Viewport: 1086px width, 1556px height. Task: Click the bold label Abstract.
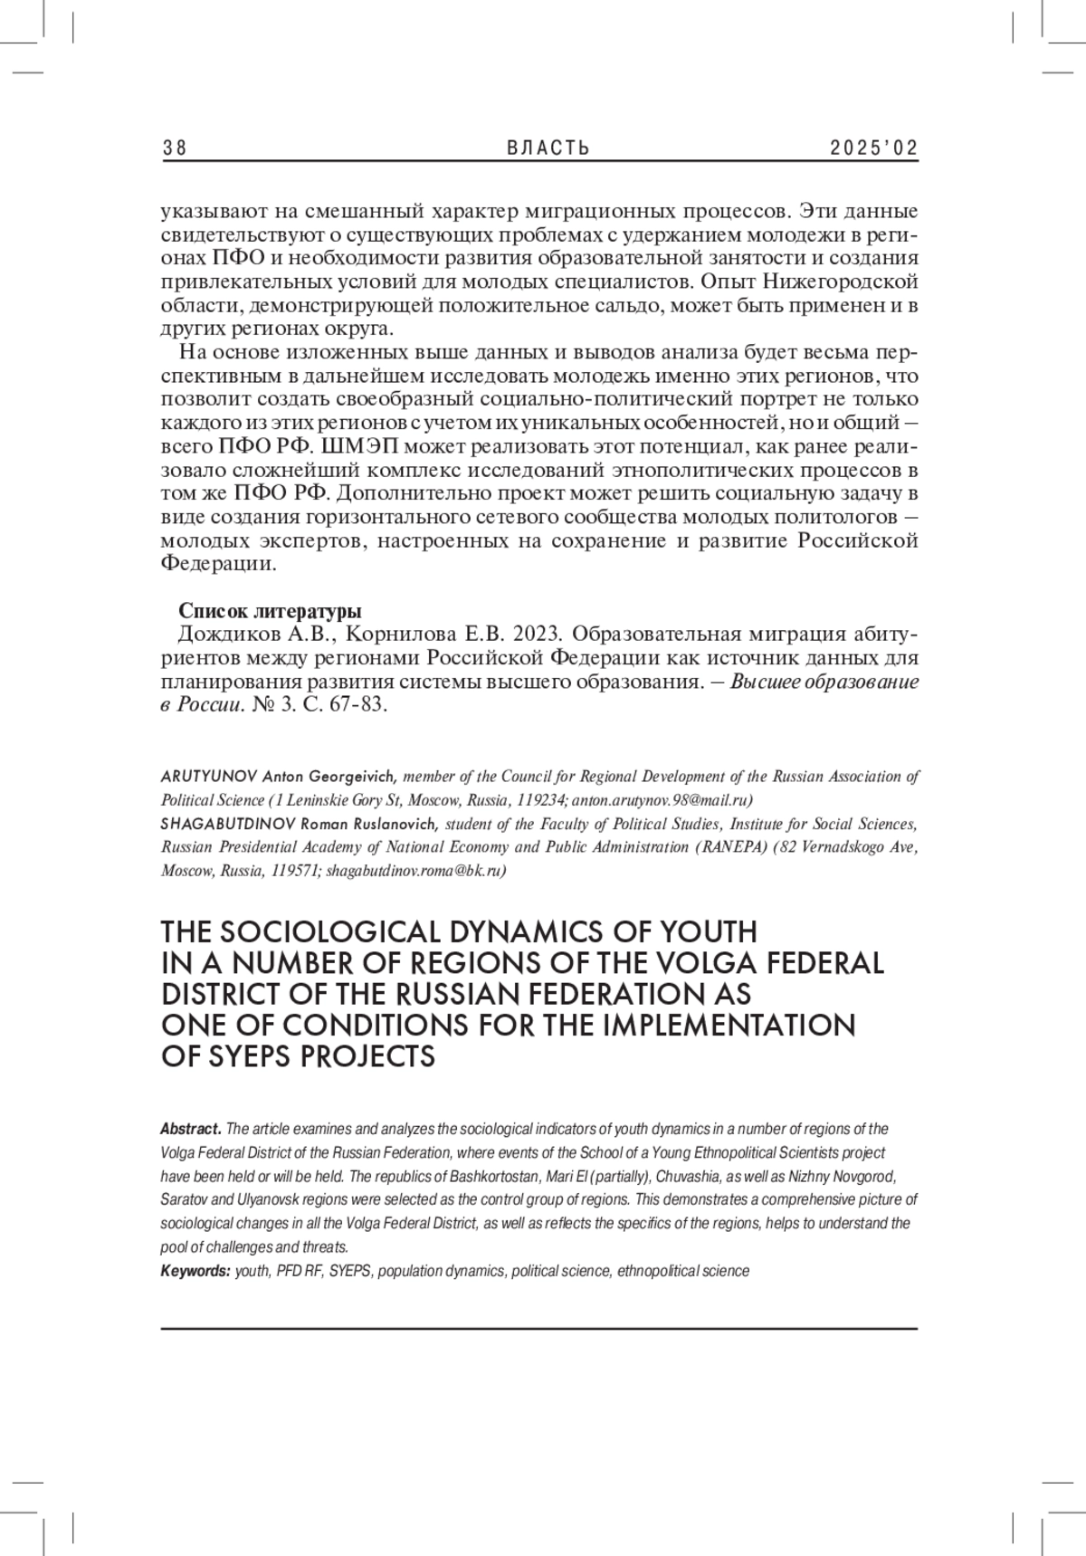point(190,1129)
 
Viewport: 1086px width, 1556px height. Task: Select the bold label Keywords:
point(195,1271)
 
